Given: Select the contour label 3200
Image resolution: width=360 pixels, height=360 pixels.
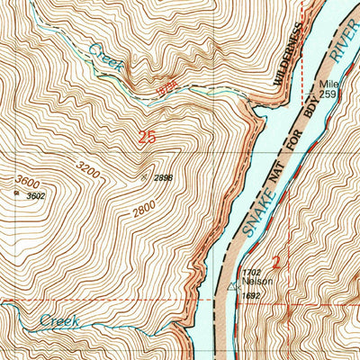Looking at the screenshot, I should (x=87, y=168).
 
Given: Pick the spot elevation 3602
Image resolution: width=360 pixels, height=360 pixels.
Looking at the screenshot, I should (x=35, y=195).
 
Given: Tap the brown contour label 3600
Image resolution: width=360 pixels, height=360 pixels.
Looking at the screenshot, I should (x=27, y=178).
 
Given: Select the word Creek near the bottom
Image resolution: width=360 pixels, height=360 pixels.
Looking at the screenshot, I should (x=60, y=320).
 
